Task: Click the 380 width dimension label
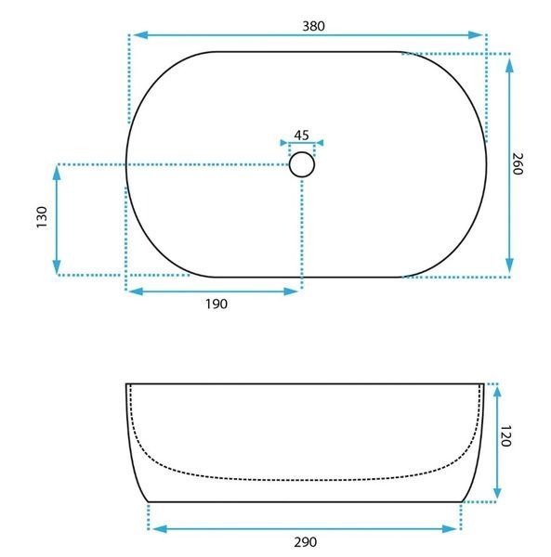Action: [x=313, y=26]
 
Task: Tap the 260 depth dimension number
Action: [x=518, y=163]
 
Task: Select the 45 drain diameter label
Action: [x=301, y=136]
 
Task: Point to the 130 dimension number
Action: [x=42, y=217]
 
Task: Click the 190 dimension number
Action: [x=216, y=304]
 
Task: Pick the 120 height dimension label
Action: [x=505, y=436]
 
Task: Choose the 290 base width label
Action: [x=306, y=542]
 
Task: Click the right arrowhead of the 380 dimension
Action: [x=476, y=35]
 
